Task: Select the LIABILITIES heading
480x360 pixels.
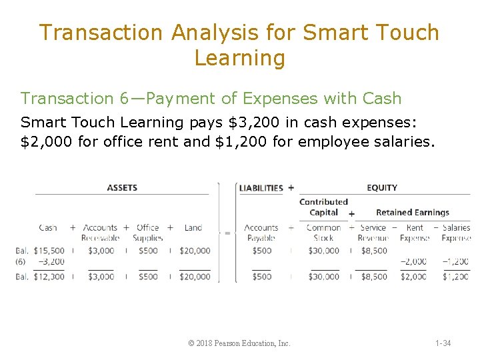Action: coord(261,188)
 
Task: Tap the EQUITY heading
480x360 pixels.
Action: coord(381,188)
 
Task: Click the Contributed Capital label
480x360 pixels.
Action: coord(323,207)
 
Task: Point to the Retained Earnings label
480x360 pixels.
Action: coord(412,213)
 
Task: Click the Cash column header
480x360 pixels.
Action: coord(48,228)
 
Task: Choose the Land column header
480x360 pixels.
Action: coord(193,228)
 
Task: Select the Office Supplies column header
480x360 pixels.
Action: coord(147,233)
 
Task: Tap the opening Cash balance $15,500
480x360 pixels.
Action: coord(49,251)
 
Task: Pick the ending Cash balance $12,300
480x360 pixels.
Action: coord(49,277)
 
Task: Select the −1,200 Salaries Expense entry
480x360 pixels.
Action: coord(456,262)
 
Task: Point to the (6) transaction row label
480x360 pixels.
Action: coord(21,262)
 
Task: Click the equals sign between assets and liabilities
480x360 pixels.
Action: coord(227,233)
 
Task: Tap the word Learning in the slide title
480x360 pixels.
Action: coord(239,58)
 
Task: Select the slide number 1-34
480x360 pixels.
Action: coord(443,343)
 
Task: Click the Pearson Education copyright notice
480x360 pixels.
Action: coord(239,343)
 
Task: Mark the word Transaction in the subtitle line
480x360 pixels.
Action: coord(67,99)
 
